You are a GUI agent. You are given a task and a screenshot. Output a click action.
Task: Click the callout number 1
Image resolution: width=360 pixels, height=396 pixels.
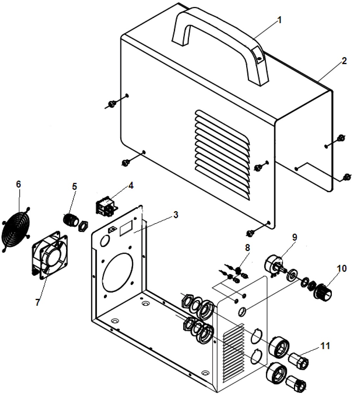[280, 20]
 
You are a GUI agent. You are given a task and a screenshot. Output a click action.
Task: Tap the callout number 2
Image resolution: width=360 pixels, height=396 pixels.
[344, 61]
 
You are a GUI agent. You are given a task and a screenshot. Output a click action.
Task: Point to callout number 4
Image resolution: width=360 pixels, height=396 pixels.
[130, 185]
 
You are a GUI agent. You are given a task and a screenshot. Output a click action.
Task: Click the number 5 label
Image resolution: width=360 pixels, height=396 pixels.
[75, 186]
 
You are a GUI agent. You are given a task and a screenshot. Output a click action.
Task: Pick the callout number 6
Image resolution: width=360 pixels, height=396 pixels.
[19, 184]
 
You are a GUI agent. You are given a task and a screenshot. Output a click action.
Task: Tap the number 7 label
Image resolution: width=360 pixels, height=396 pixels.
[38, 302]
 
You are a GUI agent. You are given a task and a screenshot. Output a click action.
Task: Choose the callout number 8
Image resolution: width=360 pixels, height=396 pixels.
[248, 247]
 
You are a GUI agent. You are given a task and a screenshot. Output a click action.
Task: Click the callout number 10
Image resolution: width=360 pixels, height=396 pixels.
[341, 269]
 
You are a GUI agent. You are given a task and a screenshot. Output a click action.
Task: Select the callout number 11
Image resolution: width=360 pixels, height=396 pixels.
[325, 346]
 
